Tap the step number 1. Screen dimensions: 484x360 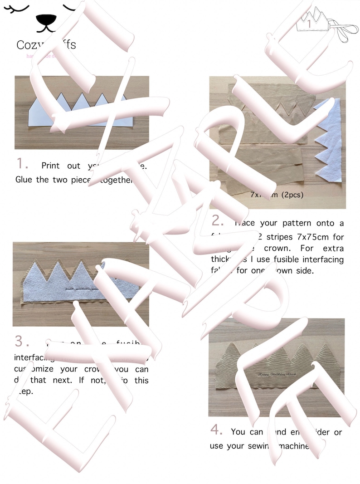tap(22, 163)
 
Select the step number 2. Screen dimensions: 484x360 tap(218, 221)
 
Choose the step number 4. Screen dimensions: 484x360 tap(217, 430)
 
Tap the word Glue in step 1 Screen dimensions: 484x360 tap(24, 179)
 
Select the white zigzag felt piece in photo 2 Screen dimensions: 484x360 tap(329, 141)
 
